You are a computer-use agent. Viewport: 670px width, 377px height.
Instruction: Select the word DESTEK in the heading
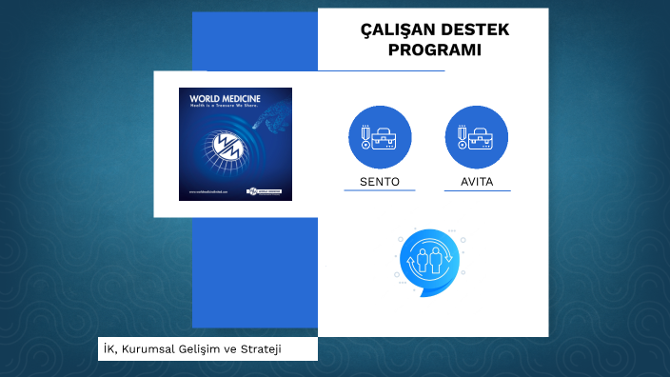click(477, 30)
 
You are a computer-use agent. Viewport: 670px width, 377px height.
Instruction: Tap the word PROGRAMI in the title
click(435, 50)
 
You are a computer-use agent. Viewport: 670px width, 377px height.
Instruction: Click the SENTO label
click(380, 182)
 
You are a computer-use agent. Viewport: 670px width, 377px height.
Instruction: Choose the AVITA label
click(477, 182)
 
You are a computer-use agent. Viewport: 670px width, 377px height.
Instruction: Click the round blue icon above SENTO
click(380, 137)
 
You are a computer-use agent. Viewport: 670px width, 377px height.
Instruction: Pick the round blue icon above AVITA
click(477, 137)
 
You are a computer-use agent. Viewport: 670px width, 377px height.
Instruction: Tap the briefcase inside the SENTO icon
click(385, 139)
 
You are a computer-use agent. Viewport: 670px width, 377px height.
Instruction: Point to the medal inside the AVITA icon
click(462, 136)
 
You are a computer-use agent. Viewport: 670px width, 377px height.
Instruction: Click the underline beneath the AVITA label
click(477, 190)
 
